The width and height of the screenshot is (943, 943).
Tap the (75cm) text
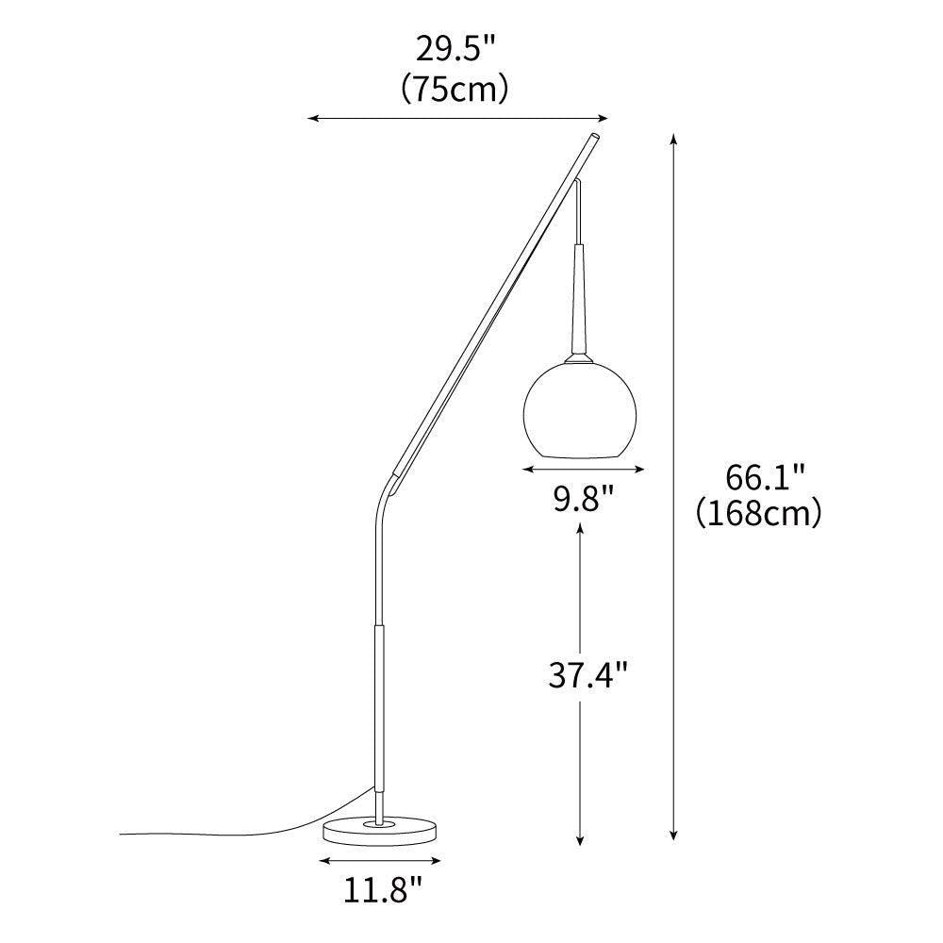[x=455, y=89]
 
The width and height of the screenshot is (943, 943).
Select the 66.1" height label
[x=765, y=477]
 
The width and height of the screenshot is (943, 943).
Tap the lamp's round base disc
[x=381, y=831]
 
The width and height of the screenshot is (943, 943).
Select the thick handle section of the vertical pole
[x=380, y=707]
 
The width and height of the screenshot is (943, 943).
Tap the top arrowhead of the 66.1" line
[x=673, y=138]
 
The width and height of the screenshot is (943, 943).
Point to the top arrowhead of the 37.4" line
[x=579, y=529]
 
